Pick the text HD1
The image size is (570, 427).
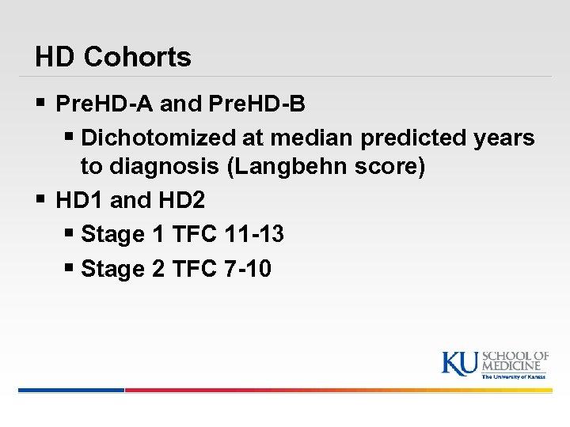[80, 200]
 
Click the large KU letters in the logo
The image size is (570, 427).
[459, 363]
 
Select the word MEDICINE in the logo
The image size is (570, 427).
[515, 367]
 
